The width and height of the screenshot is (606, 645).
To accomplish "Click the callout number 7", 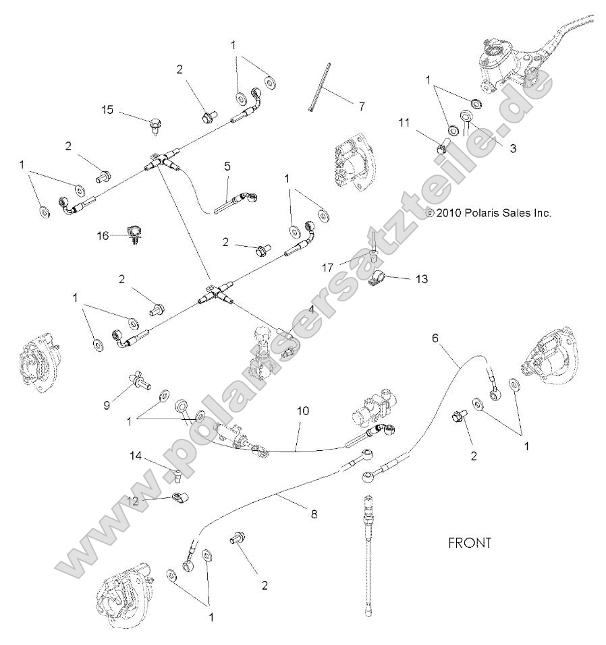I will point(361,106).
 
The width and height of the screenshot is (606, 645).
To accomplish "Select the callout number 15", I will point(107,109).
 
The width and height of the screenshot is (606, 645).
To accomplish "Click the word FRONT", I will point(470,542).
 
